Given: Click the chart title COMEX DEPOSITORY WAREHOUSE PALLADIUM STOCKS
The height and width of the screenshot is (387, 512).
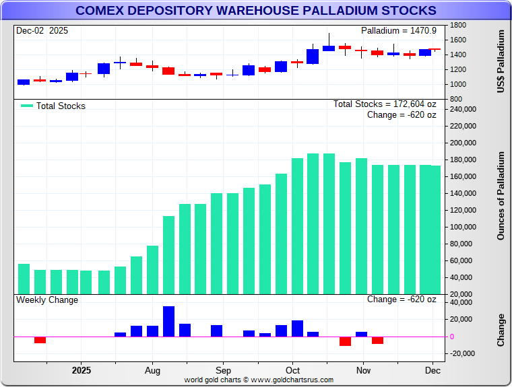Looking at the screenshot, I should (x=255, y=11).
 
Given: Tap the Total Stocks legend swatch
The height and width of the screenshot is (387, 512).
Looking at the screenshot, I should (x=26, y=106).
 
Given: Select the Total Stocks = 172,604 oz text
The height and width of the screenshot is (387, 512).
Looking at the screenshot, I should (x=385, y=104).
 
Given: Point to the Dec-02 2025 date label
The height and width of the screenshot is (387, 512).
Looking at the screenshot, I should (x=42, y=31).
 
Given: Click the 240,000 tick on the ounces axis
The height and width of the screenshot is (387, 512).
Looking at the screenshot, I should (x=462, y=109).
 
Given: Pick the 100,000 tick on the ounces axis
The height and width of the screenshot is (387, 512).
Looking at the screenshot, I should (x=462, y=227).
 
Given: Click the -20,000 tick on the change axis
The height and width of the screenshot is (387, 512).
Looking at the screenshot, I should (x=462, y=353).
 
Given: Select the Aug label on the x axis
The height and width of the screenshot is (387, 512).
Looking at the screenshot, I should (x=152, y=370).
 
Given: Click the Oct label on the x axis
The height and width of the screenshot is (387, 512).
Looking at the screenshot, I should (x=292, y=370).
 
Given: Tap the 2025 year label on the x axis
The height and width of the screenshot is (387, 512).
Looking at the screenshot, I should (x=81, y=370).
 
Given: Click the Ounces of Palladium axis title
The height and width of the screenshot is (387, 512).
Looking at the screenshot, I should (x=501, y=196).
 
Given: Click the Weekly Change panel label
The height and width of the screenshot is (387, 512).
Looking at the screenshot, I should (x=47, y=300).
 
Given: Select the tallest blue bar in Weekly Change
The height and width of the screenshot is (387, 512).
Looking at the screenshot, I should (x=168, y=322).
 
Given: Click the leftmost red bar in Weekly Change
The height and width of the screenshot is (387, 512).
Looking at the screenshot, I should (x=40, y=339).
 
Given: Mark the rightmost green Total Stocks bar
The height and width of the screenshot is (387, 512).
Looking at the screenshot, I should (x=436, y=230).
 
